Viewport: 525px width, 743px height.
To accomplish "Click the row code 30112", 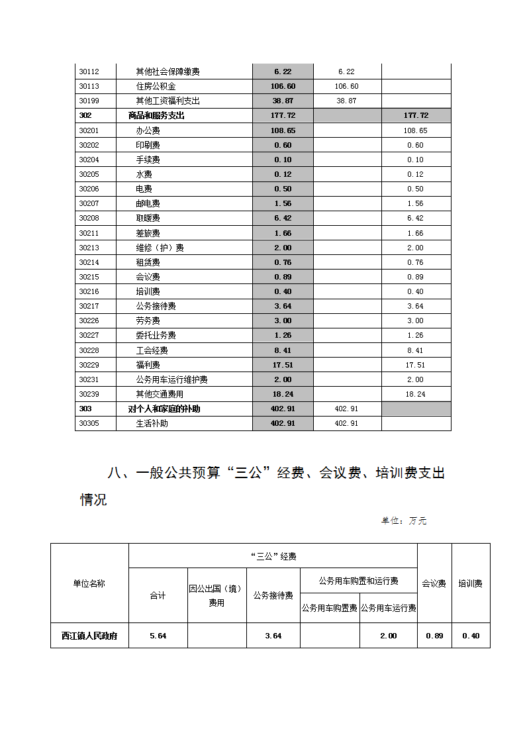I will (89, 72).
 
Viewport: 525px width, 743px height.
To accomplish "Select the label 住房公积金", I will (156, 86).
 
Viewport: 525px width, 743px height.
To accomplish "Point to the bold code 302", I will (85, 115).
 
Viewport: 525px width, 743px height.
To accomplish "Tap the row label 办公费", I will (148, 130).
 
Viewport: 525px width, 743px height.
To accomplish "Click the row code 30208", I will (89, 218).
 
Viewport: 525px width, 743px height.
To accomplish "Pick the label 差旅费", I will (148, 233).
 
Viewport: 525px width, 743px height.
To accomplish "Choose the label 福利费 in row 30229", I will (148, 365).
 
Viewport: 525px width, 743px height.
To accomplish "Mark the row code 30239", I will (89, 394).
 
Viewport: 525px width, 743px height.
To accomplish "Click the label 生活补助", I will (152, 423).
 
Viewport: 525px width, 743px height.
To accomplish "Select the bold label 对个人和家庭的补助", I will (164, 409).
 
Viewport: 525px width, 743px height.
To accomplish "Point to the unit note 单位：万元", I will (403, 521).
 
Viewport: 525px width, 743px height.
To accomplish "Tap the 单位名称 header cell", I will (89, 583).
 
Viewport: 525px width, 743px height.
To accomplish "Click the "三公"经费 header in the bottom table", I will (273, 556).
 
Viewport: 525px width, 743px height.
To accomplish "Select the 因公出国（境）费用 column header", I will (216, 595).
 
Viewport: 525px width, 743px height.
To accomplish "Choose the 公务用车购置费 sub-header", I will (329, 608).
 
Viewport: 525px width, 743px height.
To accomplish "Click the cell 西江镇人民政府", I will (89, 636).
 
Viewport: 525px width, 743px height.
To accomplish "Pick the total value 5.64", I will (158, 636).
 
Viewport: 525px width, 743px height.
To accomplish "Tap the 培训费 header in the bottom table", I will (470, 583).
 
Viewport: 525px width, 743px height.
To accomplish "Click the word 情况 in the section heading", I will (93, 500).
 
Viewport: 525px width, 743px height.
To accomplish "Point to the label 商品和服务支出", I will (156, 115).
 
